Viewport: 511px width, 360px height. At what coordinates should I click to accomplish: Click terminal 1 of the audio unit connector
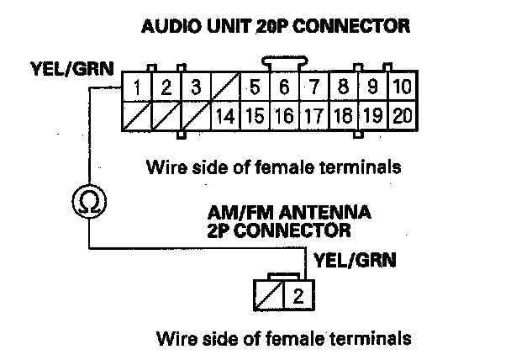(137, 87)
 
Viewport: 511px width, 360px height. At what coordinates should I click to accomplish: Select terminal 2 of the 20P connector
(166, 87)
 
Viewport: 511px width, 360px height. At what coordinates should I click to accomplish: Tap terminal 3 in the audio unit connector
(195, 87)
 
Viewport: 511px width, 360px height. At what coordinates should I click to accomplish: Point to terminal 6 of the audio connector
(284, 87)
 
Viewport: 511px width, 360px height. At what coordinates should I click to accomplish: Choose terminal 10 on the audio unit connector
(401, 87)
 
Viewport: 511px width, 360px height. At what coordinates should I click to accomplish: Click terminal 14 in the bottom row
(224, 115)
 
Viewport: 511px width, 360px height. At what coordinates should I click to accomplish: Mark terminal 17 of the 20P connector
(313, 115)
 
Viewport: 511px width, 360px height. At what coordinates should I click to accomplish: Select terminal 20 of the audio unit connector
(401, 115)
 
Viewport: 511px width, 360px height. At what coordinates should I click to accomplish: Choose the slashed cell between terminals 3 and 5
(224, 87)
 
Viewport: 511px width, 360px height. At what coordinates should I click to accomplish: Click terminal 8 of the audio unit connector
(343, 87)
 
